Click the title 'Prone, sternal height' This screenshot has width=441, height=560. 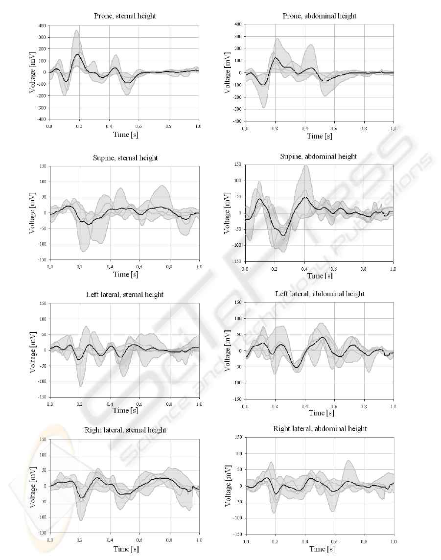[x=125, y=16]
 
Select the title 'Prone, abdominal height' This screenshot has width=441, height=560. [x=320, y=16]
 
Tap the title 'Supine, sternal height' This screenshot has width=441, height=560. [x=126, y=158]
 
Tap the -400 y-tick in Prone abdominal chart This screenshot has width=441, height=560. [x=237, y=121]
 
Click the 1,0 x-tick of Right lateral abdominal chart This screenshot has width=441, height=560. [x=393, y=541]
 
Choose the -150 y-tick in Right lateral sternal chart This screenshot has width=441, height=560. [x=43, y=533]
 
